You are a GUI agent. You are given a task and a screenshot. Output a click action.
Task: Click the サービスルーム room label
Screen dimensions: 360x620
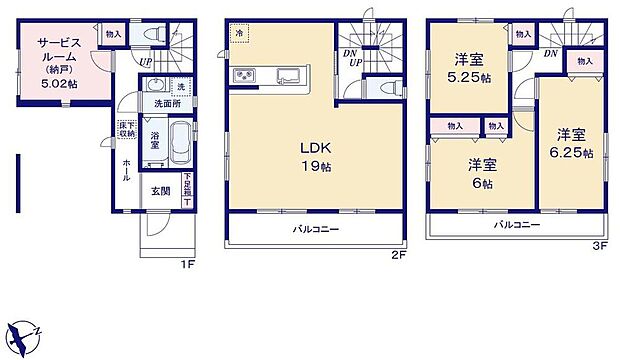59,50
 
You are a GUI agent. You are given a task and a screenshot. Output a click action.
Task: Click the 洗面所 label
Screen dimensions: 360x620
167,104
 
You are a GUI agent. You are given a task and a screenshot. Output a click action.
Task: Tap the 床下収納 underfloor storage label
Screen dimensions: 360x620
127,128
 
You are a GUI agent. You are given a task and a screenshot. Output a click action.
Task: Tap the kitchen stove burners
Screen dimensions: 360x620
246,76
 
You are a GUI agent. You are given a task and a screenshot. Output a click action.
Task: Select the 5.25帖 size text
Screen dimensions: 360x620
468,77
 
